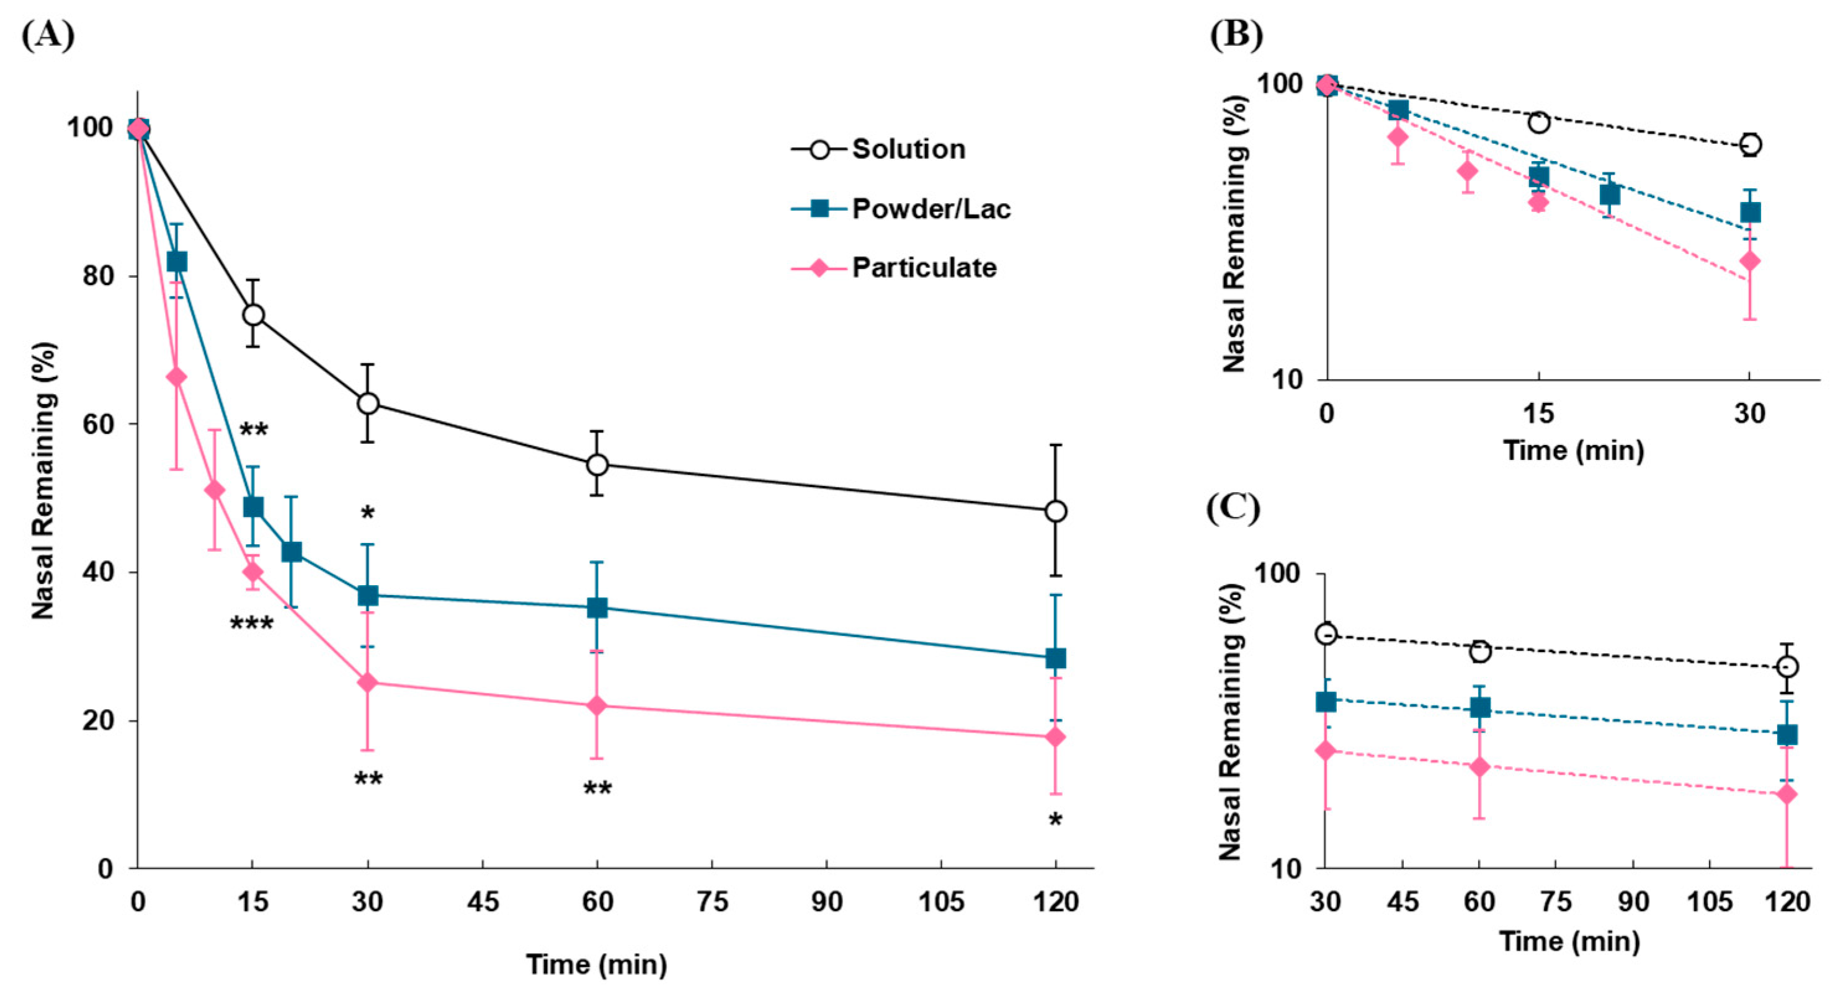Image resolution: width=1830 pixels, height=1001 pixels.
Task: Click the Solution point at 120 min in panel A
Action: (1056, 511)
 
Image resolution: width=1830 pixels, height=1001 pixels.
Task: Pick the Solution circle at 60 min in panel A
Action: (597, 465)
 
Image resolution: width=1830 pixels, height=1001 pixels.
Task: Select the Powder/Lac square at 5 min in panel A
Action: (176, 262)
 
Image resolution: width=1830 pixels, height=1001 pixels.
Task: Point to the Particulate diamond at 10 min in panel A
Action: (215, 490)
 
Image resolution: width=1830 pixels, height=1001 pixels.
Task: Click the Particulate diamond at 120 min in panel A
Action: (1056, 737)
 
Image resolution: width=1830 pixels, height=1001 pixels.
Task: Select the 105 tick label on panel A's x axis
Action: (941, 902)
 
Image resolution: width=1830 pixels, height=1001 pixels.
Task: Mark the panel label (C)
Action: (1233, 508)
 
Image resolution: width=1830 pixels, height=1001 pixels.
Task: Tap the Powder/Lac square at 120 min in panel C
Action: (1787, 734)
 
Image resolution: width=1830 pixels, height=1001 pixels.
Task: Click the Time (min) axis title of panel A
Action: (596, 964)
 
